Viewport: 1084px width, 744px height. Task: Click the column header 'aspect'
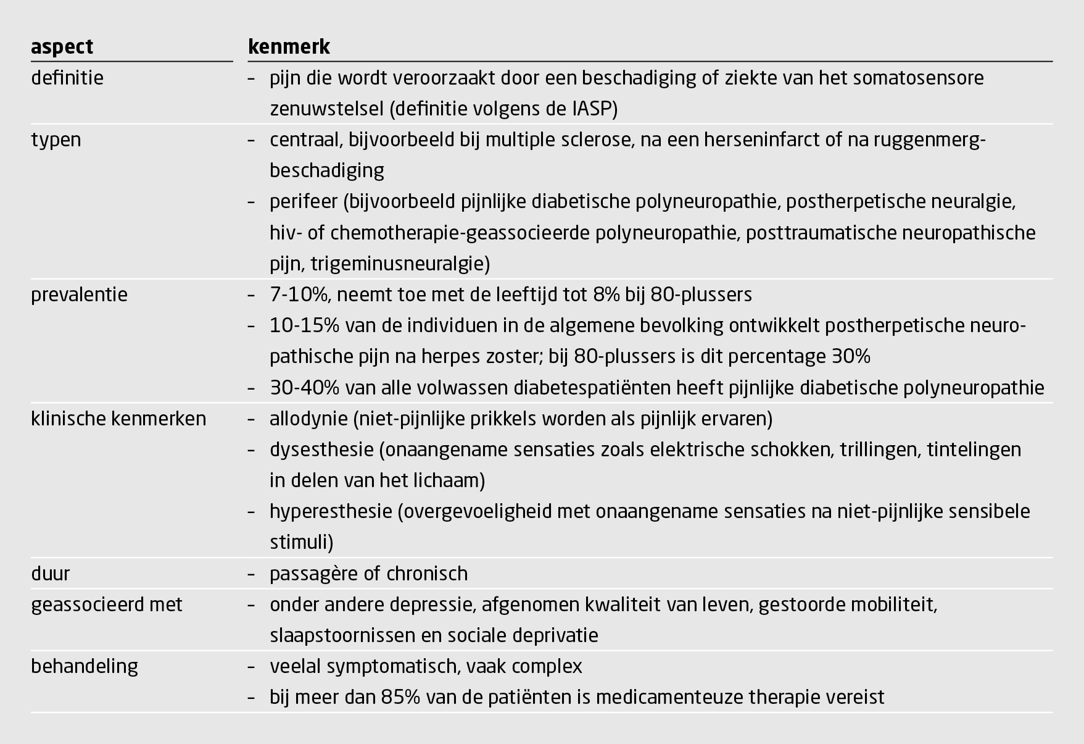(x=62, y=47)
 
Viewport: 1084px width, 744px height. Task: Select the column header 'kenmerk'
(x=289, y=47)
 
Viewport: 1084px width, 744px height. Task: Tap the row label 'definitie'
(x=67, y=78)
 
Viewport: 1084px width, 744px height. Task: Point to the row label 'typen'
(x=56, y=140)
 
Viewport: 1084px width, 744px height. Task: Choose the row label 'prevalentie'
(x=79, y=295)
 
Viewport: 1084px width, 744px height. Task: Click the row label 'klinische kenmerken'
(x=118, y=419)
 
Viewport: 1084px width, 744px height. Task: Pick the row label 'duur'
(x=50, y=574)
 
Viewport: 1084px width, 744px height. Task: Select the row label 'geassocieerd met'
(x=107, y=604)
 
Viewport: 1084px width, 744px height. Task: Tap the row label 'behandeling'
(x=85, y=666)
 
